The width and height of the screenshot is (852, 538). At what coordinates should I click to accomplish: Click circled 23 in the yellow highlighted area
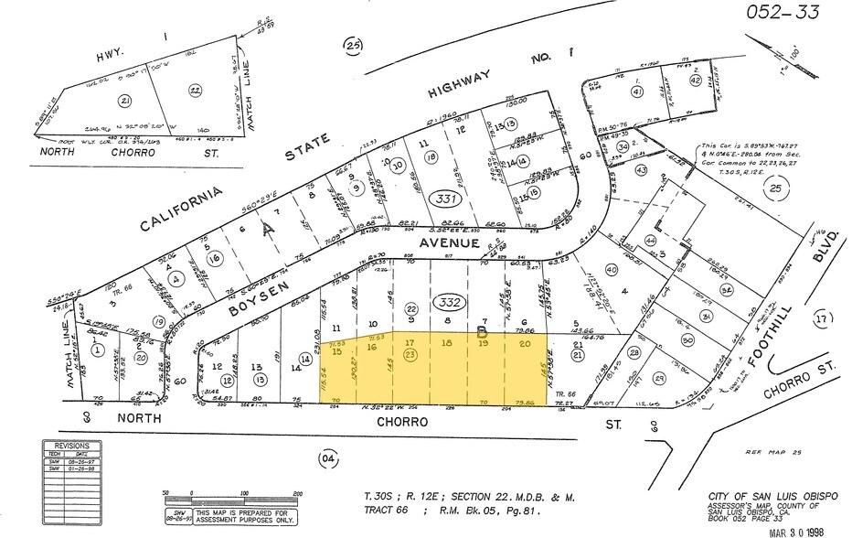(410, 353)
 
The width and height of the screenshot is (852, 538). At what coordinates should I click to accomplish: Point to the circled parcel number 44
(650, 240)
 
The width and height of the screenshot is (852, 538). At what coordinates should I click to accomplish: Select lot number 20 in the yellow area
(524, 344)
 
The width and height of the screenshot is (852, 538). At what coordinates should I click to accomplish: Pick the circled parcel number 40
(612, 270)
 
